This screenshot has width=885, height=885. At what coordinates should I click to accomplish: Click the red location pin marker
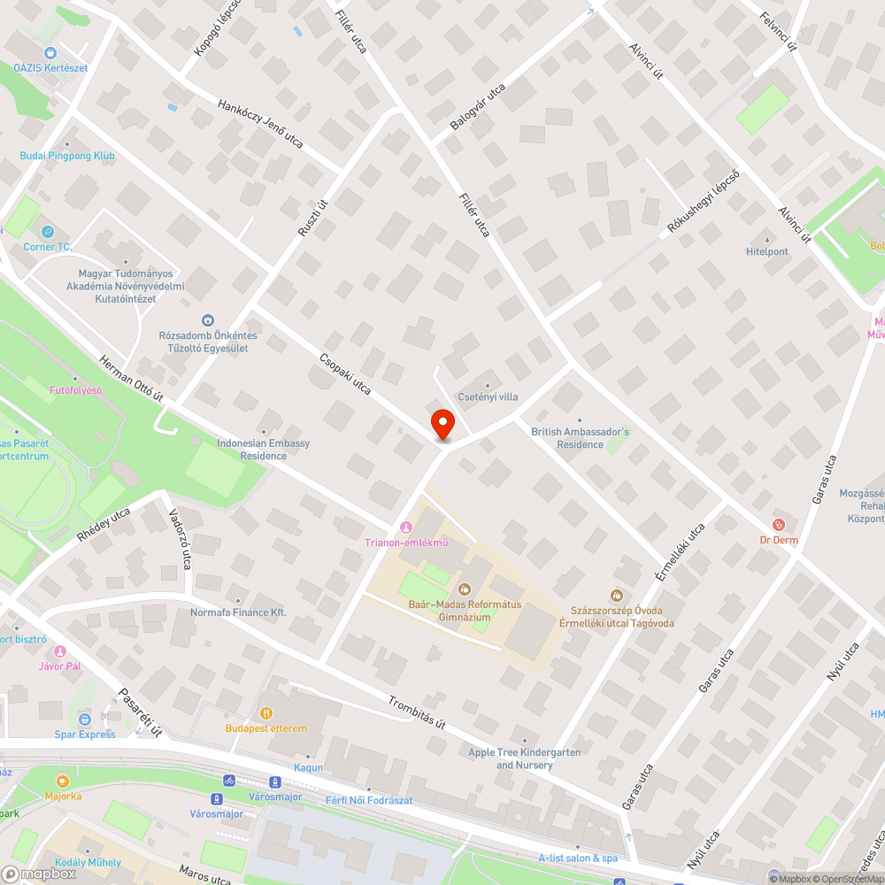click(442, 423)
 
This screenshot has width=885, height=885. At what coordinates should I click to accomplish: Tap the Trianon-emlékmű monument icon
click(406, 528)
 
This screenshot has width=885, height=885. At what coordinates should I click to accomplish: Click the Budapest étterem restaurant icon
click(265, 713)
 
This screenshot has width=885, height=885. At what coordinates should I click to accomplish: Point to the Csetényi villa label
click(489, 396)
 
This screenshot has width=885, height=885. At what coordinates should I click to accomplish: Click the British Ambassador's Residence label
click(580, 438)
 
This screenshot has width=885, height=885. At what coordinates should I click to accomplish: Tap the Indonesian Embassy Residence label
click(263, 449)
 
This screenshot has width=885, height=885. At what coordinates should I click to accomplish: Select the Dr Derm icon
click(778, 525)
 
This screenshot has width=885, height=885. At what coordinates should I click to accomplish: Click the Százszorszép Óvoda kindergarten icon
click(617, 596)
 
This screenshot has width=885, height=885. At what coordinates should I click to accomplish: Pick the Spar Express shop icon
click(85, 720)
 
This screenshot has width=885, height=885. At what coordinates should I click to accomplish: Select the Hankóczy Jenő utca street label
click(260, 123)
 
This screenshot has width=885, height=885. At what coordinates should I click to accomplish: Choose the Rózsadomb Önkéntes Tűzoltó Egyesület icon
click(208, 320)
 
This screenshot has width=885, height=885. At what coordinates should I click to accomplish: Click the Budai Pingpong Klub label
click(67, 156)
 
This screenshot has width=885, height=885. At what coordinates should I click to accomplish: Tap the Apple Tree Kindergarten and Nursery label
click(525, 758)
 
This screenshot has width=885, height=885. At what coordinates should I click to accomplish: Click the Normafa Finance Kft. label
click(238, 612)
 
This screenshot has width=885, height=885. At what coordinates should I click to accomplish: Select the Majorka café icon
click(63, 781)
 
